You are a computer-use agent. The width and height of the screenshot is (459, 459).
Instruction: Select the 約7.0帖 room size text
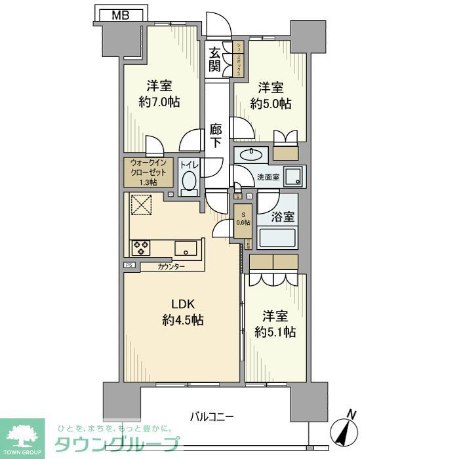click(x=159, y=102)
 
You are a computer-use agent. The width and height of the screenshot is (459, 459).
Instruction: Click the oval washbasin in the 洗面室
click(x=250, y=155)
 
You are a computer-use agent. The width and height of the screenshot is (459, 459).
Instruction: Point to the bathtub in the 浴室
click(x=278, y=237)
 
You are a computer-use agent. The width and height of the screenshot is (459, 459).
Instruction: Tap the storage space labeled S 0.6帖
click(x=243, y=218)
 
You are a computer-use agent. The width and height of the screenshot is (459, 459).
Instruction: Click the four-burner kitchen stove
click(x=141, y=248)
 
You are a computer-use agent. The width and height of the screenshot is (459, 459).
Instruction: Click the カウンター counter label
click(x=171, y=266)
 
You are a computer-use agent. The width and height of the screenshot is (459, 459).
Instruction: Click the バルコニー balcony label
click(x=212, y=416)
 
